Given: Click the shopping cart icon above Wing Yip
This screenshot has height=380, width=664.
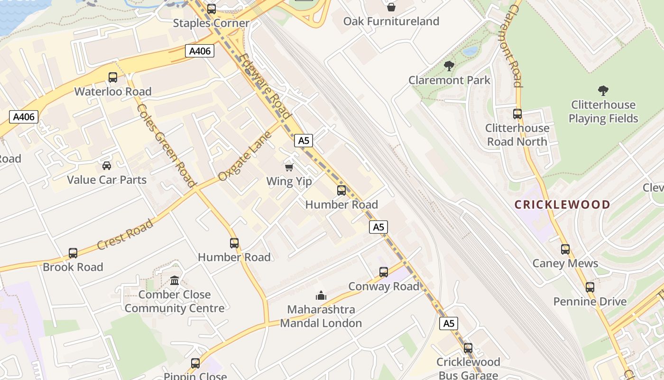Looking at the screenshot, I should pos(289,167).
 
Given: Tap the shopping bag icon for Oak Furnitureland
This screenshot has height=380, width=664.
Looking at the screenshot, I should pos(391,7).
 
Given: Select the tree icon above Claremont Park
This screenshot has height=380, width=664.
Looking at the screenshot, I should pos(449,66).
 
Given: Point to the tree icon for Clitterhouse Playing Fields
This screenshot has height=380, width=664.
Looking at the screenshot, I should pos(603,91).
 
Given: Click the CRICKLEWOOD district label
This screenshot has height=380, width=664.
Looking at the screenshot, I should pos(563,205).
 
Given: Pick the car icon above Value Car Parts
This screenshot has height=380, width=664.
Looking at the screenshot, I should pos(107,166).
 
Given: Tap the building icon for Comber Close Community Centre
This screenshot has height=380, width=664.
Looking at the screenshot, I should pos(175,280).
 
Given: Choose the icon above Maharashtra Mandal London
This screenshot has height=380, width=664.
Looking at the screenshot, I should pos(321,295).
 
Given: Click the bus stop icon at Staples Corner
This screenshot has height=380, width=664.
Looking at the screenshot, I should pos(212,9).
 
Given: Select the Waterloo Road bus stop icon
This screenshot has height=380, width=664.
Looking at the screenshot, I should pos(113,77).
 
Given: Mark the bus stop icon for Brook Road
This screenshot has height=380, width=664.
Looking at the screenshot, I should pos(73,253).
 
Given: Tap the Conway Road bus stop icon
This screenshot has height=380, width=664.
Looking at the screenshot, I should pos(384,272).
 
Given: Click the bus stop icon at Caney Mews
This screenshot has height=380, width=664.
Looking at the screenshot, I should pos(565,249).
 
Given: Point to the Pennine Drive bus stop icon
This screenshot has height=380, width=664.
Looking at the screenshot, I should pos(590,287).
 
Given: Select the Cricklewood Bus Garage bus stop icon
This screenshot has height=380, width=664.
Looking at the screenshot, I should pos(468,348).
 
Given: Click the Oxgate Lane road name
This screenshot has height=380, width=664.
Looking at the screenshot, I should pos(245,156).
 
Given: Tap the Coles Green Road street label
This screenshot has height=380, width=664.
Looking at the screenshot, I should pos(166,145).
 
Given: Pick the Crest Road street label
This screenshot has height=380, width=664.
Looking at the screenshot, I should pos(125,234).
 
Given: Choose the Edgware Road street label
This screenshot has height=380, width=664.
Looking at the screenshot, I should pos(265,86).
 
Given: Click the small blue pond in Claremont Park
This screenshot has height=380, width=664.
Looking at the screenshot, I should pos(470,51).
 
